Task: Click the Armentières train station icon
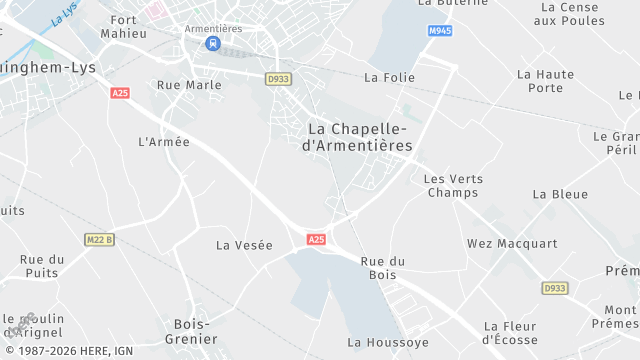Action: [212, 43]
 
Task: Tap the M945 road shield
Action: [440, 31]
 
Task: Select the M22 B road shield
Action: [100, 239]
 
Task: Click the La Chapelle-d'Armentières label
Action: [357, 137]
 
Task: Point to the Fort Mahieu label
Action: [124, 27]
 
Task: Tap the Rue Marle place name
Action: [189, 85]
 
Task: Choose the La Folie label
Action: [389, 77]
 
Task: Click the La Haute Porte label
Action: [546, 81]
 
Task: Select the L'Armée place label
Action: [164, 142]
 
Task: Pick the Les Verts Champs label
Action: [453, 186]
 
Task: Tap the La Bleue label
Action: [560, 194]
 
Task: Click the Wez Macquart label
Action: [512, 244]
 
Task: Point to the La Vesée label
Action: [244, 245]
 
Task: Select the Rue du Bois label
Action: [383, 267]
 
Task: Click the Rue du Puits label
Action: [42, 266]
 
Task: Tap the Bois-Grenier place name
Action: [191, 331]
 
